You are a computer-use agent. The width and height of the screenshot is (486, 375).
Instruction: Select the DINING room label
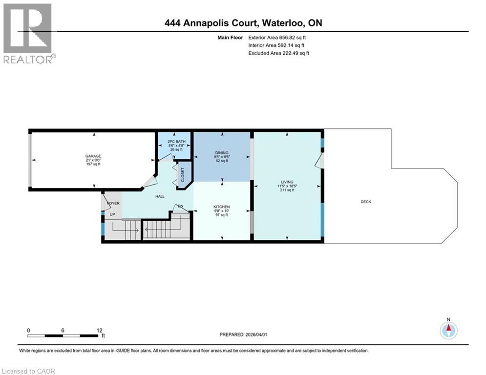[x=222, y=152]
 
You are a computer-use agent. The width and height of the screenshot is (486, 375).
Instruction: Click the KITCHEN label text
[x=222, y=207]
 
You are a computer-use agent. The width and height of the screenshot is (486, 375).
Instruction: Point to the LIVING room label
[x=287, y=182]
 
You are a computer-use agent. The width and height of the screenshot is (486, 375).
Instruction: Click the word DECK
[x=366, y=202]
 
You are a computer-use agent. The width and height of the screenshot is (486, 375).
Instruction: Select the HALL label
[x=160, y=196]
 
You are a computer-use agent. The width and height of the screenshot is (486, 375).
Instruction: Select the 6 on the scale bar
[x=63, y=330]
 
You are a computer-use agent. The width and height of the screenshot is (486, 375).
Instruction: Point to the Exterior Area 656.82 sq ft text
[x=277, y=37]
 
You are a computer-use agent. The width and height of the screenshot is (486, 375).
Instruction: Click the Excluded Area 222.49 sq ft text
[x=278, y=53]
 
